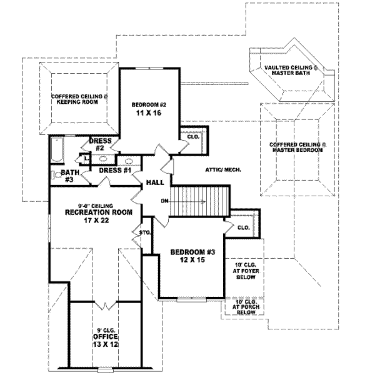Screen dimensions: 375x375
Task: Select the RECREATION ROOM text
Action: pyautogui.click(x=99, y=212)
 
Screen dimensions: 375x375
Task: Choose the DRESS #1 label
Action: pyautogui.click(x=114, y=171)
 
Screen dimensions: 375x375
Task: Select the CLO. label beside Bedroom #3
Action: pyautogui.click(x=244, y=228)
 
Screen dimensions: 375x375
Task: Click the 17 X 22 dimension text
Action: pyautogui.click(x=99, y=221)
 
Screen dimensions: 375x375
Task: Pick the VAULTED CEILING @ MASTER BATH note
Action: pyautogui.click(x=291, y=69)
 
